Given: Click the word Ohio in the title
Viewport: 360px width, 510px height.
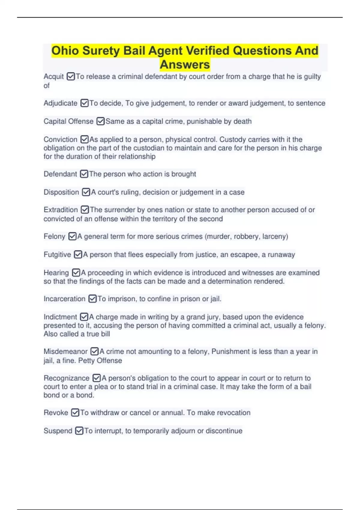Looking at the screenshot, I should click(x=65, y=51).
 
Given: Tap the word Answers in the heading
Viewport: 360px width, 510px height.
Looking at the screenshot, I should click(x=185, y=64).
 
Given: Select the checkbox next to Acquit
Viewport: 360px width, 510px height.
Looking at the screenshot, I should click(x=71, y=76).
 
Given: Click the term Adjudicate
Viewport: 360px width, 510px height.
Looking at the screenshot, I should click(x=60, y=103).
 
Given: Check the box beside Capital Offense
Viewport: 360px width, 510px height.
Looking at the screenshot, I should click(x=100, y=121).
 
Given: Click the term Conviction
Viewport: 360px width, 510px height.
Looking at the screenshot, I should click(x=60, y=139).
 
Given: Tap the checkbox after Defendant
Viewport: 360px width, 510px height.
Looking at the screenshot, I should click(x=84, y=174).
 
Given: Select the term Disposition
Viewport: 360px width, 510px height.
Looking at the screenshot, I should click(x=61, y=192).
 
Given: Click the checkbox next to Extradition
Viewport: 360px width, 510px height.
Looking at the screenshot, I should click(x=85, y=210).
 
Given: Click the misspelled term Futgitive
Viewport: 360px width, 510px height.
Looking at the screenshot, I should click(x=57, y=255).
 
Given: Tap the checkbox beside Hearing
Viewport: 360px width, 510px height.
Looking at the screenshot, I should click(x=76, y=273).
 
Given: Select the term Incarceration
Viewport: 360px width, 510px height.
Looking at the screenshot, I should click(x=64, y=299).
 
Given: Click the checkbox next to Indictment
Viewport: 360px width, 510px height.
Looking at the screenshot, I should click(x=84, y=317).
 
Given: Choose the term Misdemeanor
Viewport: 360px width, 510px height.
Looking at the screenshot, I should click(x=65, y=352).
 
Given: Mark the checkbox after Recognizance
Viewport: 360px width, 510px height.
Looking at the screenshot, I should click(x=97, y=378).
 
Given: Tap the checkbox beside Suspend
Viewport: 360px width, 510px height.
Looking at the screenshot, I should click(x=79, y=431).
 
